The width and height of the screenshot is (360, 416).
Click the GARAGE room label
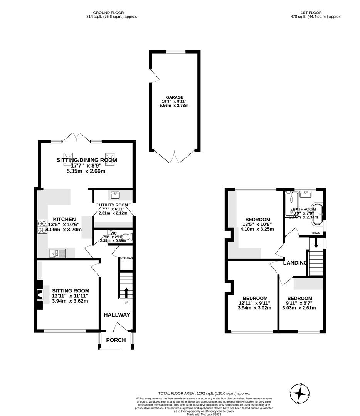coord(175,97)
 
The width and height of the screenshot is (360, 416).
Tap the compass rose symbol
coord(299,393)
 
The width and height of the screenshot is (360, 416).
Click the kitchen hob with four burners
coord(42,226)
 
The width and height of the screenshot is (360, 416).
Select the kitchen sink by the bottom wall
coord(57,253)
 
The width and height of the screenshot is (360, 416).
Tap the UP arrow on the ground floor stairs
coord(126,292)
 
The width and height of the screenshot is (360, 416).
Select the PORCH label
coord(116,340)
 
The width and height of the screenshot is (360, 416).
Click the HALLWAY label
coord(117,315)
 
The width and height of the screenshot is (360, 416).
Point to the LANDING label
coord(295,263)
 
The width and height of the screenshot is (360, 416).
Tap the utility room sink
coord(114,195)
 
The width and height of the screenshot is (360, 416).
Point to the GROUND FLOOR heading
coord(112,13)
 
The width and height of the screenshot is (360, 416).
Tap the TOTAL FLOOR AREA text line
coord(204,394)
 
